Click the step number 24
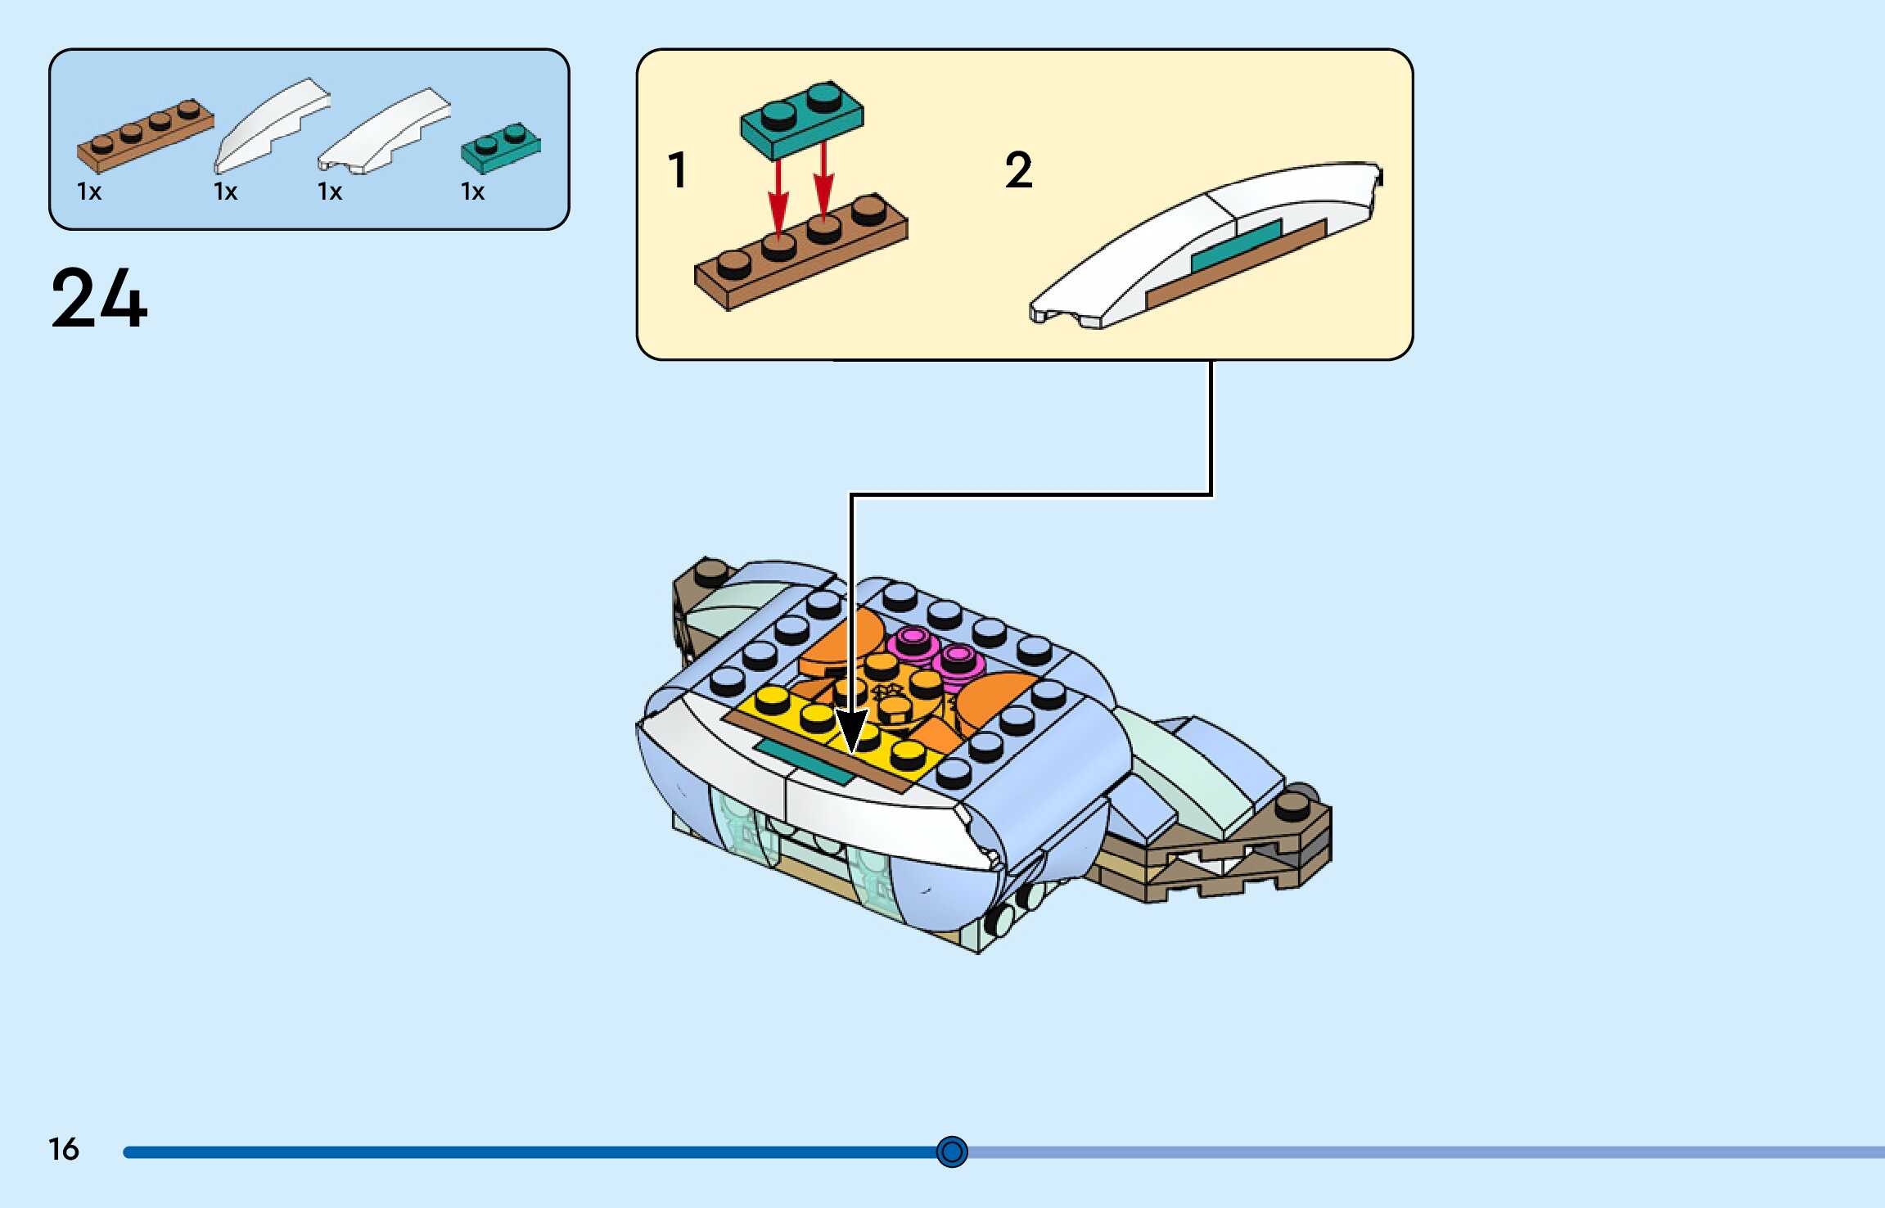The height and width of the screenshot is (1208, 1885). point(99,299)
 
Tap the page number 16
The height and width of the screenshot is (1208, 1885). point(64,1149)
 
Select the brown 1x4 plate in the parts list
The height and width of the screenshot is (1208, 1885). point(146,137)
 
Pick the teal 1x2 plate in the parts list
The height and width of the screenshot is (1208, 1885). point(501,147)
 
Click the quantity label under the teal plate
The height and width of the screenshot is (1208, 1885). point(473,192)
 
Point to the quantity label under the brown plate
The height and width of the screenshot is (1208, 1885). point(89,192)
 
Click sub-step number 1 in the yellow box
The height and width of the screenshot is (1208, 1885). point(678,170)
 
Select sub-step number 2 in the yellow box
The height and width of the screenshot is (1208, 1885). point(1018,170)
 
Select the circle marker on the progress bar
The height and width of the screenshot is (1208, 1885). point(952,1152)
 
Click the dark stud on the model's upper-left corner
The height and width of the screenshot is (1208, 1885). point(710,572)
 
